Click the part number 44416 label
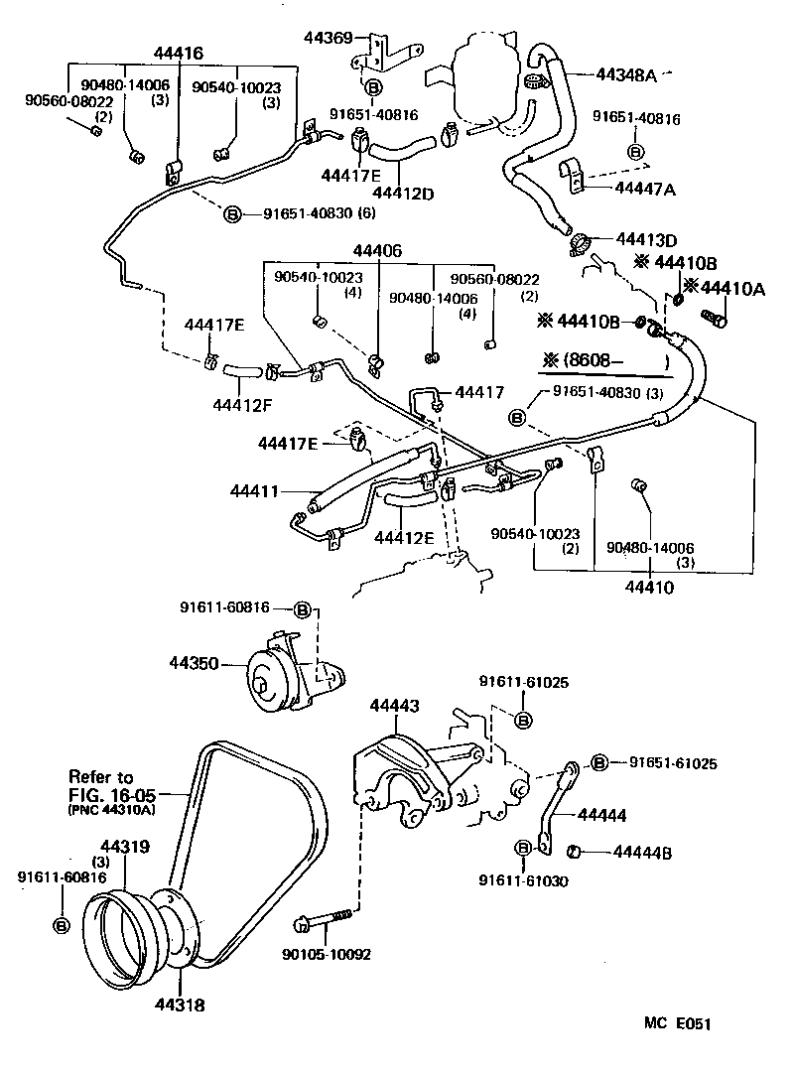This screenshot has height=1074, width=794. click(x=179, y=52)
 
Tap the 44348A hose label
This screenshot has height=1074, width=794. click(x=627, y=73)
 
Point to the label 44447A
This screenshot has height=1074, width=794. click(x=645, y=188)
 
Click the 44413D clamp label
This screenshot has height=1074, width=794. click(x=646, y=239)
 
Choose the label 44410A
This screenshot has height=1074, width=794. click(x=732, y=288)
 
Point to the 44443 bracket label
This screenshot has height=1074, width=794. click(x=394, y=706)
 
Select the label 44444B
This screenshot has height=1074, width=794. click(x=643, y=851)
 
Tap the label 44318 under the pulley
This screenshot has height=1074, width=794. click(x=180, y=1005)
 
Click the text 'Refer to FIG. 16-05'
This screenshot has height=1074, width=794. click(x=101, y=786)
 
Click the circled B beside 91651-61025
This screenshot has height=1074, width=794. click(x=600, y=762)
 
